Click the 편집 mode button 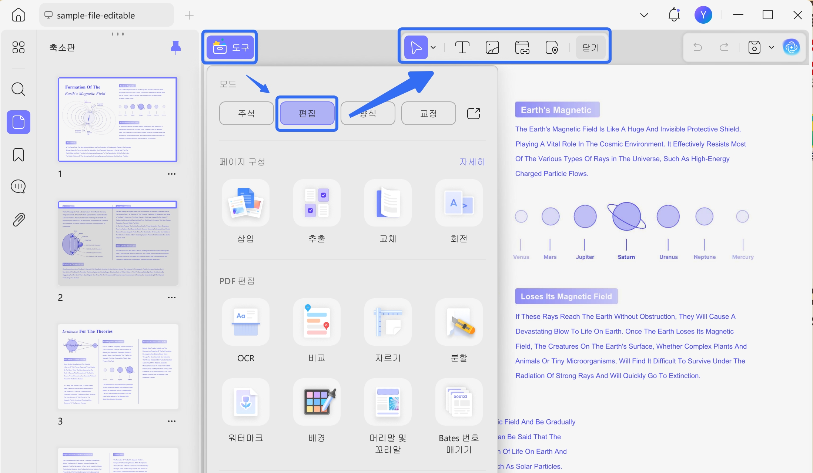click(x=307, y=113)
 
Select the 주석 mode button click(x=246, y=113)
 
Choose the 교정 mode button click(x=428, y=113)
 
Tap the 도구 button click(x=230, y=47)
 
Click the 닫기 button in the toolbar click(x=590, y=47)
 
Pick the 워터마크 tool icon click(x=246, y=402)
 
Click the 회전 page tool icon click(x=459, y=203)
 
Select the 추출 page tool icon click(x=317, y=203)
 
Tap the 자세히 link click(x=472, y=162)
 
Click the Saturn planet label click(x=626, y=257)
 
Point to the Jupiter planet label click(x=585, y=257)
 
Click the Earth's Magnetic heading click(x=556, y=110)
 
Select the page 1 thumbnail click(x=118, y=119)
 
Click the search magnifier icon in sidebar click(x=18, y=89)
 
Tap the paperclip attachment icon click(x=19, y=219)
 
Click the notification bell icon click(x=674, y=15)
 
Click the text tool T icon click(x=462, y=47)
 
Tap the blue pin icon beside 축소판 click(x=176, y=47)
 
